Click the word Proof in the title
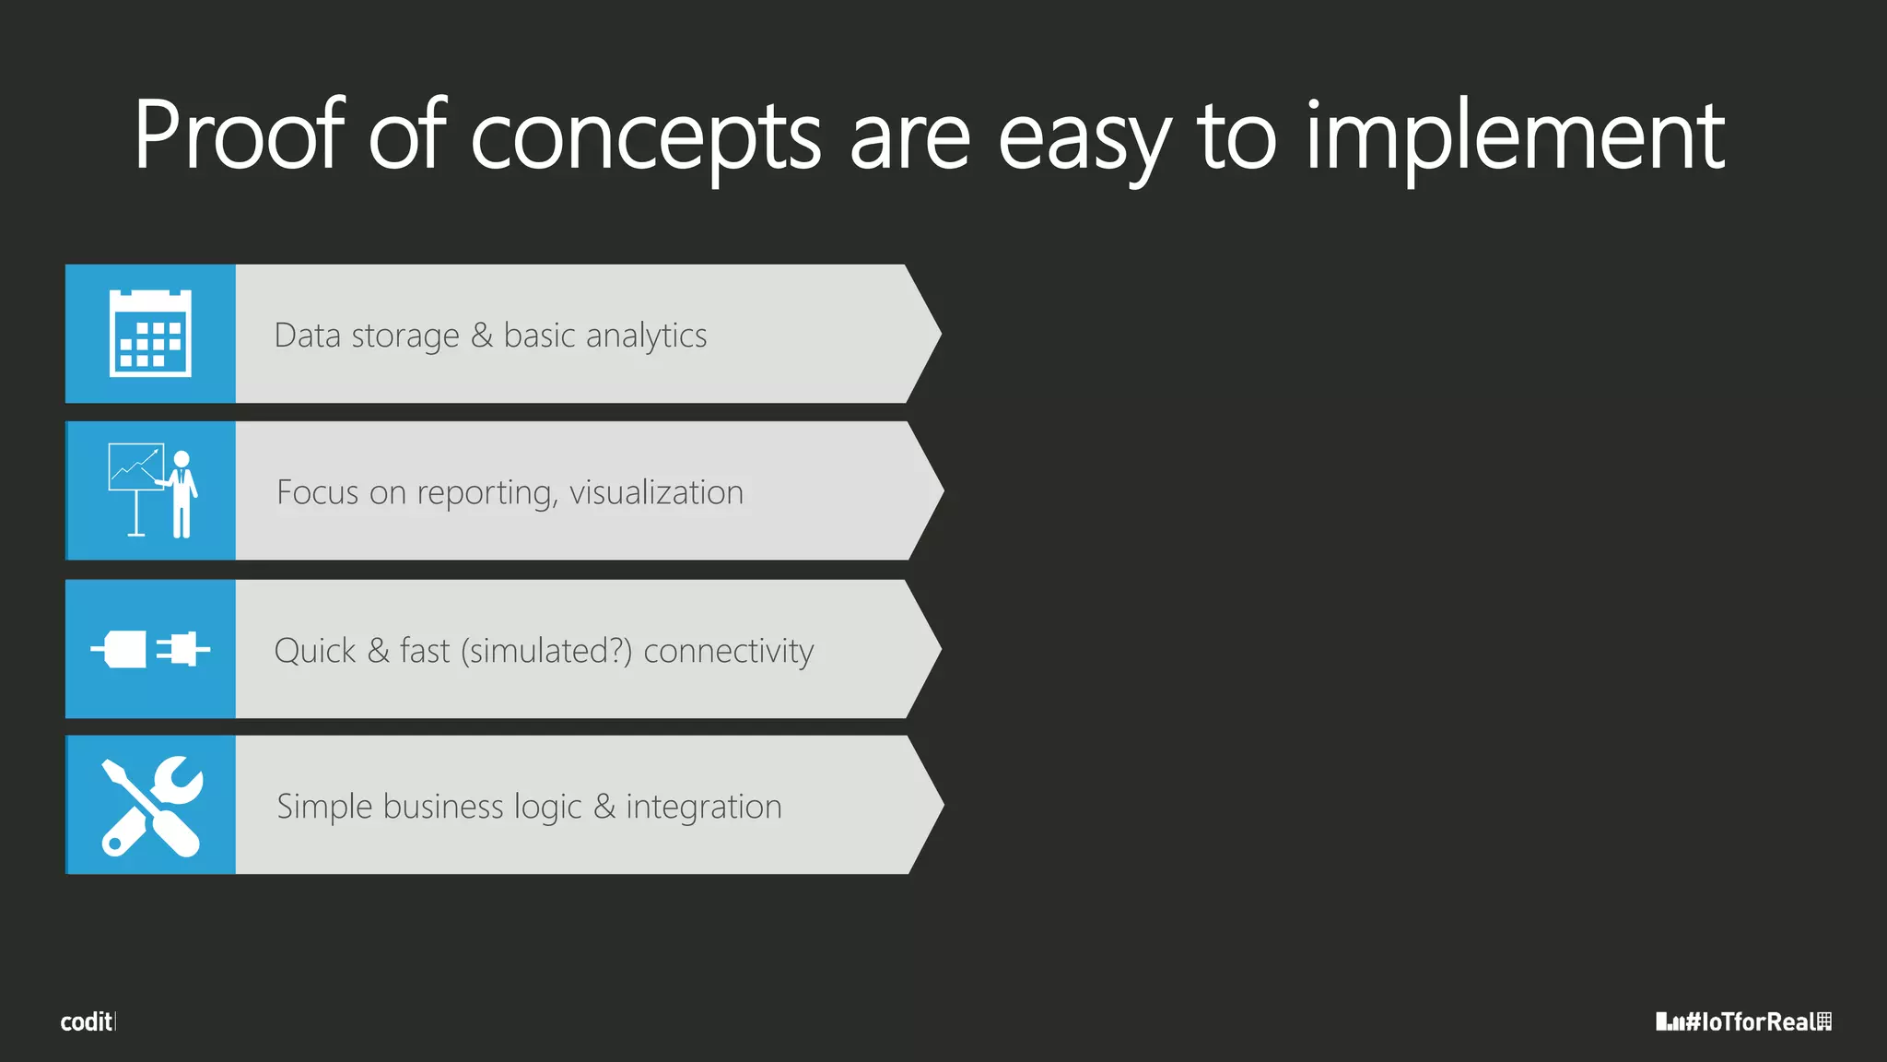tap(239, 136)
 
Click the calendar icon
tap(150, 334)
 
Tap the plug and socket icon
tap(150, 649)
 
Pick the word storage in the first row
tap(405, 336)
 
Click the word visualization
tap(656, 492)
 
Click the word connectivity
tap(728, 651)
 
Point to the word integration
tap(704, 808)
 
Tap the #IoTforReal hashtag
tap(1743, 1021)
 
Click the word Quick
tap(315, 651)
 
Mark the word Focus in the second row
tap(318, 492)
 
